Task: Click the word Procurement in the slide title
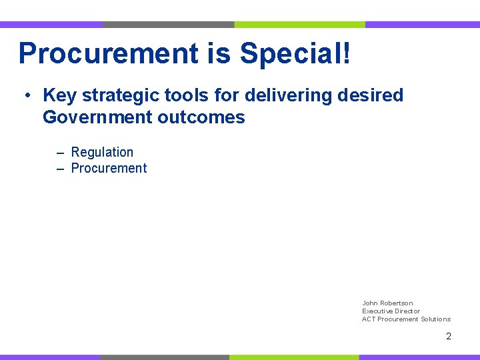tap(109, 53)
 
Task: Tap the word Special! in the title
tap(295, 53)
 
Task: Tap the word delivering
tap(290, 95)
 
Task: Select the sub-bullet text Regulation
tap(102, 153)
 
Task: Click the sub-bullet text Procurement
tap(109, 168)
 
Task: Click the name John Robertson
tap(387, 303)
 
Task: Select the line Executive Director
tap(391, 311)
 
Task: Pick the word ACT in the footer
tap(369, 319)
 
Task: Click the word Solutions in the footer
tap(435, 319)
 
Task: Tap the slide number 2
tap(449, 337)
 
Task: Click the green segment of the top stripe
tap(299, 25)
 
